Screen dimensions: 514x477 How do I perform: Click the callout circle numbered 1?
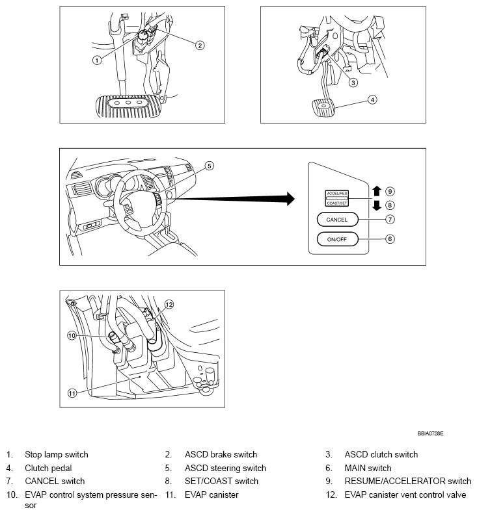pos(96,60)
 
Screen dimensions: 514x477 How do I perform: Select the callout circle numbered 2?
pos(200,45)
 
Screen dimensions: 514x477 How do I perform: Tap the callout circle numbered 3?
pos(353,83)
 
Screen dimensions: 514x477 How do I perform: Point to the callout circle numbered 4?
pos(372,100)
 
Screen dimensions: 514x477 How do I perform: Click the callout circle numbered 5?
pos(209,166)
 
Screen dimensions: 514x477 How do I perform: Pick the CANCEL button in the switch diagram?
pos(337,220)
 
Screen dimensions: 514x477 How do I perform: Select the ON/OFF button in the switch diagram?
pos(337,239)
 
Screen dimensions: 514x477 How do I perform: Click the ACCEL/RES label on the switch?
pos(337,194)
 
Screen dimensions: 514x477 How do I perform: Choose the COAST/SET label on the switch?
pos(337,202)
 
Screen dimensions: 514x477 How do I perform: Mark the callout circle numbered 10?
pos(72,335)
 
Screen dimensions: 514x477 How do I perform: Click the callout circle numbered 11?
pos(72,392)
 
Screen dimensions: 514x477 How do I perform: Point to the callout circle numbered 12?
pos(169,303)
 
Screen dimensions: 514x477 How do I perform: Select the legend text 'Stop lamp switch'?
pos(57,454)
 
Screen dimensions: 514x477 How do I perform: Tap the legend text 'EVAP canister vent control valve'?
pos(405,495)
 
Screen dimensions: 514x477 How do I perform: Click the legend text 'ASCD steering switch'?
pos(225,468)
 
